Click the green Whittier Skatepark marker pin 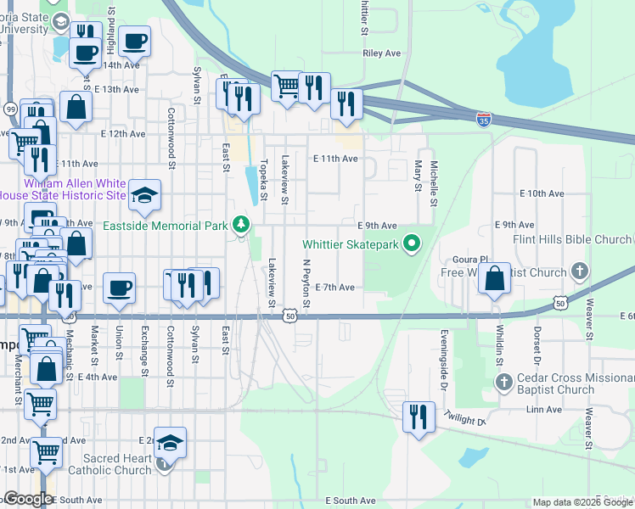pyautogui.click(x=413, y=245)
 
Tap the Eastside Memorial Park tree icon pyautogui.click(x=242, y=225)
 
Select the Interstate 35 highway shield pyautogui.click(x=483, y=120)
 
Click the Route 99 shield pyautogui.click(x=10, y=109)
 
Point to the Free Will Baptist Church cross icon pyautogui.click(x=580, y=272)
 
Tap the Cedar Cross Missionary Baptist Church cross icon pyautogui.click(x=504, y=382)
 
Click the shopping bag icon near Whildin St pyautogui.click(x=494, y=279)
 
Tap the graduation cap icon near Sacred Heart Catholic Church pyautogui.click(x=170, y=443)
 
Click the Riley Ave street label pyautogui.click(x=381, y=53)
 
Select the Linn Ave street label pyautogui.click(x=544, y=410)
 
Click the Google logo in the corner pyautogui.click(x=27, y=499)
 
